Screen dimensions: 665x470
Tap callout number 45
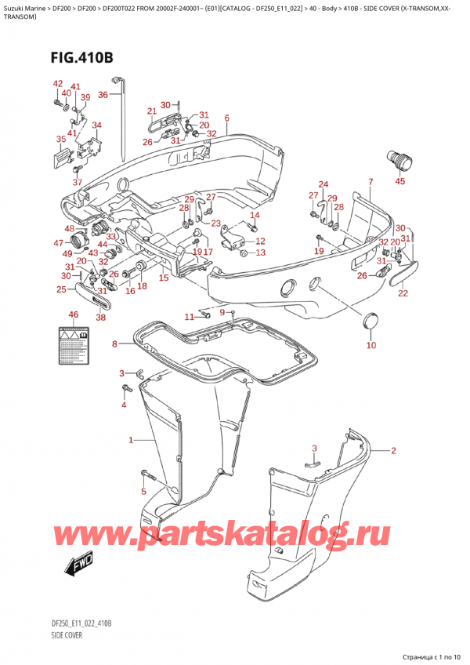[400, 182]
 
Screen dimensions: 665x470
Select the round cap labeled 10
[372, 321]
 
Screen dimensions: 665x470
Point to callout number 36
[103, 96]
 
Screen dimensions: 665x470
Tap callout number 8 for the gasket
[114, 343]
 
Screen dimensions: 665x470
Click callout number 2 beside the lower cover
[393, 450]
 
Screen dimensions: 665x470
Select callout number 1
[131, 441]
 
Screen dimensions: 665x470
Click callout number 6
[226, 118]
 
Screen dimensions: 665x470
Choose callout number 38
[100, 318]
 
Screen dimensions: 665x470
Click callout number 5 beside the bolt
[143, 492]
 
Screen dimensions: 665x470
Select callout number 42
[57, 84]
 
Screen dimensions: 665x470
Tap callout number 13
[260, 253]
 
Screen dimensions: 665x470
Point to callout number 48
[70, 229]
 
